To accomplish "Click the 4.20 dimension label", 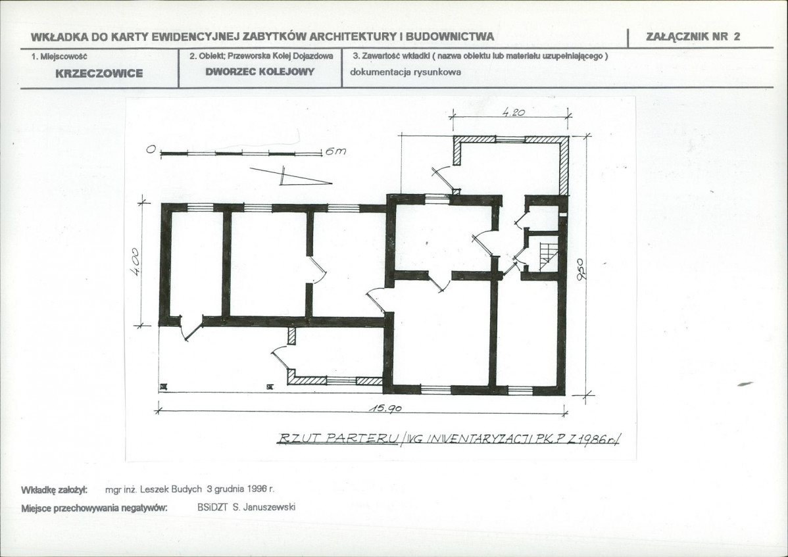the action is tap(514, 112).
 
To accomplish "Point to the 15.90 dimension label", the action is tap(385, 408).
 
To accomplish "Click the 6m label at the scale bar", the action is tap(335, 151).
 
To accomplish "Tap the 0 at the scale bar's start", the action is tap(150, 149).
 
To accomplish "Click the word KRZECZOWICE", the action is tap(99, 74).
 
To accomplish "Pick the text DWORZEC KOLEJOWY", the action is tap(260, 72).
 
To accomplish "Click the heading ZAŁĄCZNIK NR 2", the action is tap(693, 36).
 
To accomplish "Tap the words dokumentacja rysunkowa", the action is tap(406, 72).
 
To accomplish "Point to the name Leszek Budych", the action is tap(171, 489).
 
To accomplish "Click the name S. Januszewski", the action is tap(264, 507).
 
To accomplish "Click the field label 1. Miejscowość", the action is tap(59, 57).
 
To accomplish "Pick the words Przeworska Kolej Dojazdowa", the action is tap(280, 57).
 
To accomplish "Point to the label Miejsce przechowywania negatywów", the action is tap(94, 508).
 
